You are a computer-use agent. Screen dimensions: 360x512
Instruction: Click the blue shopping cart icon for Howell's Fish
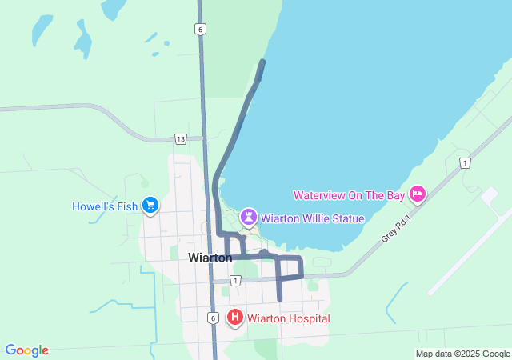(x=150, y=206)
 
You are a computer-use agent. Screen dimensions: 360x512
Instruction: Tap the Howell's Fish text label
(x=105, y=206)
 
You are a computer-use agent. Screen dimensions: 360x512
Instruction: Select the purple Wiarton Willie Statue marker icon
(x=249, y=217)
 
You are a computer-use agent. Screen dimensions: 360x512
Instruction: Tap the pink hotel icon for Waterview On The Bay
(x=417, y=194)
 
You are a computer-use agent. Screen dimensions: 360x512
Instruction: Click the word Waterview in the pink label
(x=319, y=194)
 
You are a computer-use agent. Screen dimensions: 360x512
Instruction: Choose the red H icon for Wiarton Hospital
(x=235, y=318)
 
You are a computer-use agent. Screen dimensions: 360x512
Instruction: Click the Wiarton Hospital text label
(x=288, y=318)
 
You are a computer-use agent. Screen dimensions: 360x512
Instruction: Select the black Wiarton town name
(x=210, y=258)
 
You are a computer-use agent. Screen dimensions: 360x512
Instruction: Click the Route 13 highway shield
(x=181, y=139)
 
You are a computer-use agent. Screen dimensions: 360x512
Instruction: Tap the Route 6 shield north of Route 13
(x=200, y=29)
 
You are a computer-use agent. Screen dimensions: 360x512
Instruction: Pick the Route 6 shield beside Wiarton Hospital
(x=213, y=318)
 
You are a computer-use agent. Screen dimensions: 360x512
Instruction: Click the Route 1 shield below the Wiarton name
(x=235, y=280)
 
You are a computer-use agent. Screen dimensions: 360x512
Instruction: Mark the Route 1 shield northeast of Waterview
(x=465, y=163)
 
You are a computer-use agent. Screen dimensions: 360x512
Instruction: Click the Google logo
(x=26, y=350)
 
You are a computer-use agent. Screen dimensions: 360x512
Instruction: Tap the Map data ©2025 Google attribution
(x=462, y=354)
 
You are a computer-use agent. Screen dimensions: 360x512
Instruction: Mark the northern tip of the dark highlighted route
(x=262, y=62)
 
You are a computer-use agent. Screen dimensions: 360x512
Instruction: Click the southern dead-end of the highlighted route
(x=279, y=299)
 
